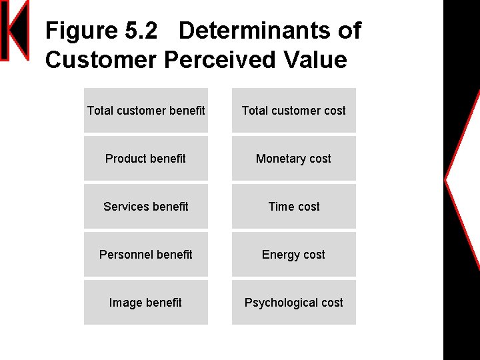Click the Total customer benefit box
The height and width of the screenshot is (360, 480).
(146, 111)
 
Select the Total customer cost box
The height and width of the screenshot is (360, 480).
(294, 111)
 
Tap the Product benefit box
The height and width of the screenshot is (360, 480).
(146, 159)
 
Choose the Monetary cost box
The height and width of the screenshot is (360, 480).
(294, 159)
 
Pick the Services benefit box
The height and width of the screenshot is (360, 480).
(146, 207)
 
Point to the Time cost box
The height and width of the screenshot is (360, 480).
(294, 207)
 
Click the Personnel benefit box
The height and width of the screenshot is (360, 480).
(146, 255)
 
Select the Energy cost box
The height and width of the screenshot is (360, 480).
(294, 255)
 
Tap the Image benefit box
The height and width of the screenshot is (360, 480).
(146, 303)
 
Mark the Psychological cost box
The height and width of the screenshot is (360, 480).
(294, 303)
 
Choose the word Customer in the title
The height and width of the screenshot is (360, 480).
(101, 60)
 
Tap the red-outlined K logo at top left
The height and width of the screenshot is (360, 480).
(14, 31)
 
